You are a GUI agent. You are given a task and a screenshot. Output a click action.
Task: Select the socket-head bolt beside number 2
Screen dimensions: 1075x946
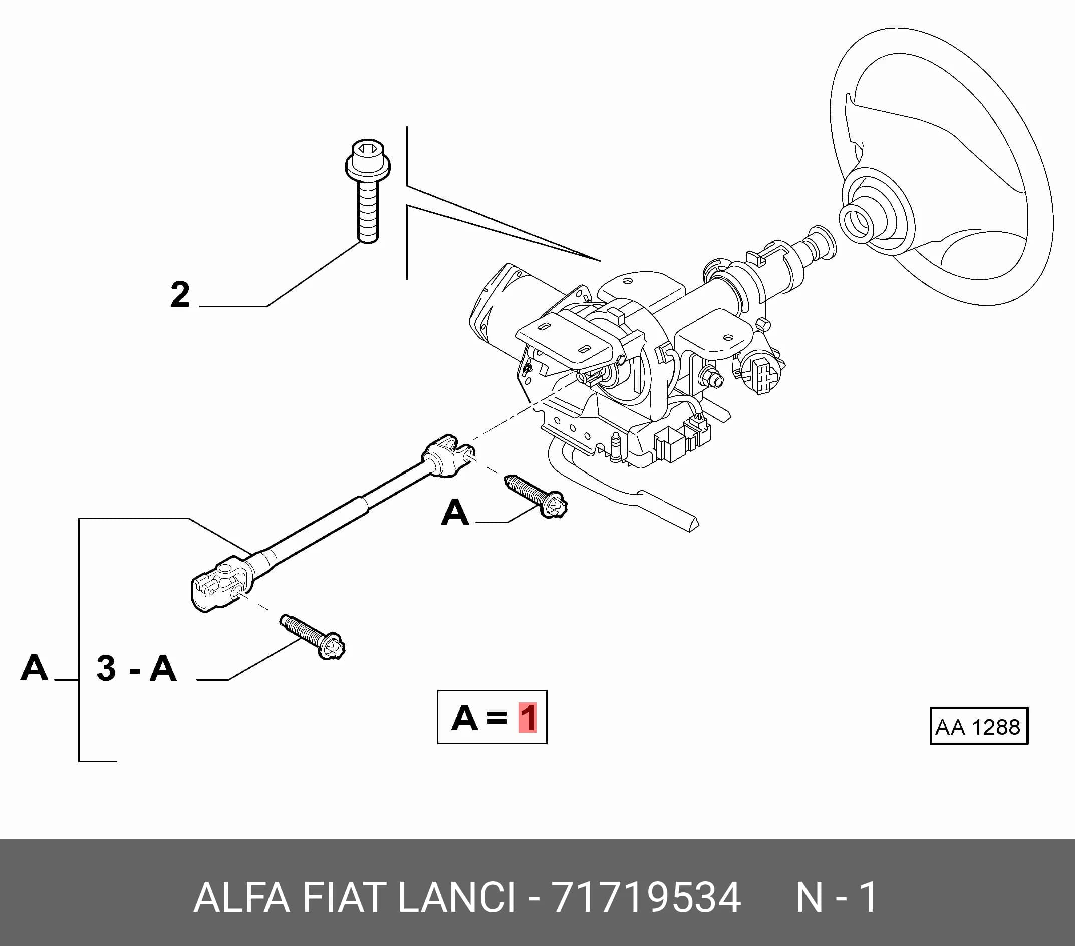coord(368,191)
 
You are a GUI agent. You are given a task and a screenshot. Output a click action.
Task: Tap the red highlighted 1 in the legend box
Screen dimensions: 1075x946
coord(527,717)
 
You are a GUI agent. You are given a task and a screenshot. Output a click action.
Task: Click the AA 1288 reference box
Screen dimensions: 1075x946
coord(979,726)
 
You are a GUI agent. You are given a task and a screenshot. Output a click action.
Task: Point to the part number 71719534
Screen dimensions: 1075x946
coord(647,897)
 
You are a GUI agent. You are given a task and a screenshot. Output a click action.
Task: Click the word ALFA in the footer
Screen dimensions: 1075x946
coord(241,897)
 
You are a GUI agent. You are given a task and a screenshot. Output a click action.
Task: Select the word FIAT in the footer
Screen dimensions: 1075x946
coord(344,897)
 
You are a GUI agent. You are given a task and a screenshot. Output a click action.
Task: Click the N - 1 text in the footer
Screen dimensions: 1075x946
coord(836,897)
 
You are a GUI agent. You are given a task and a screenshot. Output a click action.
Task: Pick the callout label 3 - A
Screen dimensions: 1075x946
coord(136,669)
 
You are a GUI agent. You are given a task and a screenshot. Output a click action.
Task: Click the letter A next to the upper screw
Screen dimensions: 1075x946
coord(455,512)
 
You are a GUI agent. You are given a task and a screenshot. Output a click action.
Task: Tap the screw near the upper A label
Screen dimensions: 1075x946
coord(535,496)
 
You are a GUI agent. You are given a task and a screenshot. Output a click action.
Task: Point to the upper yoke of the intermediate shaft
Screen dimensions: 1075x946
coord(447,455)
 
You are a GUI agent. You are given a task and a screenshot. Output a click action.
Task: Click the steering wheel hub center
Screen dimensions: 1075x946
coord(858,221)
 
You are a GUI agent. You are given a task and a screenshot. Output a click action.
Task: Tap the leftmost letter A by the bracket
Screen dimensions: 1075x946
coord(34,668)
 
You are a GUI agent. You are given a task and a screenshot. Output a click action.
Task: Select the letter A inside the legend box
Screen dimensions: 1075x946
coord(464,717)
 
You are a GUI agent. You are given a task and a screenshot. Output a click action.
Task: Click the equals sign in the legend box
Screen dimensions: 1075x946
coord(497,718)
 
